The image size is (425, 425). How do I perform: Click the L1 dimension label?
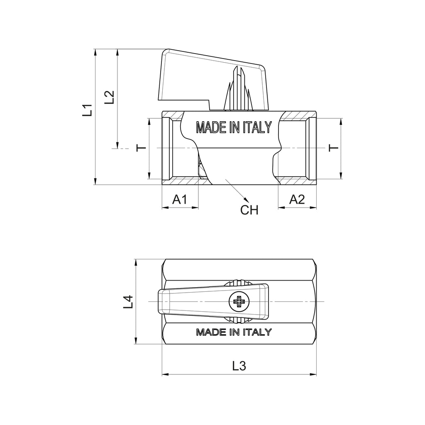click(88, 110)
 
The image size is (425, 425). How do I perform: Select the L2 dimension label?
click(109, 97)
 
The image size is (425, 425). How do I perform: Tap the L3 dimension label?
click(239, 366)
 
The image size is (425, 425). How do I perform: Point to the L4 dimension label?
click(128, 302)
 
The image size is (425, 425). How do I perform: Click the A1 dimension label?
click(180, 200)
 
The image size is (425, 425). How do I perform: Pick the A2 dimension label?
click(297, 200)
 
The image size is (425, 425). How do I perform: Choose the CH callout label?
click(249, 210)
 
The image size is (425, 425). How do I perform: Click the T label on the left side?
click(141, 148)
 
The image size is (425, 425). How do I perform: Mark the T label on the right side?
click(334, 148)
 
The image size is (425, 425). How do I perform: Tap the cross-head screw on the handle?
click(239, 301)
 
